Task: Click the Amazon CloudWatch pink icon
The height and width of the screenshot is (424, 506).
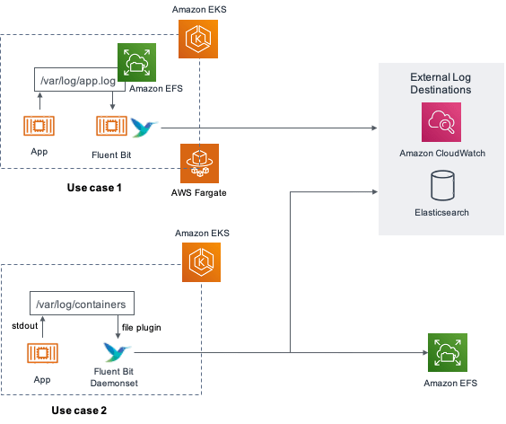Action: pyautogui.click(x=441, y=122)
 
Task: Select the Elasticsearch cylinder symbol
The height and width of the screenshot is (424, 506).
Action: pyautogui.click(x=443, y=185)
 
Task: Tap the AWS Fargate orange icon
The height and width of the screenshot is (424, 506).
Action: pyautogui.click(x=199, y=163)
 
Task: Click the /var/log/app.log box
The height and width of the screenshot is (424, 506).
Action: pyautogui.click(x=79, y=79)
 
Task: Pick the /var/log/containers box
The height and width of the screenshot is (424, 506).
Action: pyautogui.click(x=82, y=303)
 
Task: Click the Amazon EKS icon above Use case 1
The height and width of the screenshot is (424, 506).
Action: pyautogui.click(x=198, y=40)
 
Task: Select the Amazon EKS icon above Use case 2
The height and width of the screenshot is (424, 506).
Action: pyautogui.click(x=201, y=262)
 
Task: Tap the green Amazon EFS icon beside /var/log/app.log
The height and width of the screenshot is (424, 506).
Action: pyautogui.click(x=137, y=62)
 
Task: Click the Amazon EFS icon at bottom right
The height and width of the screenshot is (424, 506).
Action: pyautogui.click(x=448, y=352)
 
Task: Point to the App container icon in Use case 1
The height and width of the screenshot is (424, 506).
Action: pyautogui.click(x=39, y=126)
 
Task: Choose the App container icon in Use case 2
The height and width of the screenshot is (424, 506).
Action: pyautogui.click(x=42, y=353)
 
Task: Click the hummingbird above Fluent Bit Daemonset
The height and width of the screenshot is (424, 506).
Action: pyautogui.click(x=117, y=351)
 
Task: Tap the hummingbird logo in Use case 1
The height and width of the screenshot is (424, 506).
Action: pyautogui.click(x=144, y=128)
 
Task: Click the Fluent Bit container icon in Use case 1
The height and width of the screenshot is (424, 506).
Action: pyautogui.click(x=111, y=126)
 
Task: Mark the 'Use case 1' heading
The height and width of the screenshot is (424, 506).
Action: pyautogui.click(x=94, y=188)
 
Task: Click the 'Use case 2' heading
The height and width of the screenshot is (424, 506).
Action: pyautogui.click(x=79, y=411)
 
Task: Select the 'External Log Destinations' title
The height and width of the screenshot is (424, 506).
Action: pyautogui.click(x=441, y=84)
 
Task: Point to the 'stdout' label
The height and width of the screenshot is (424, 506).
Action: pyautogui.click(x=25, y=326)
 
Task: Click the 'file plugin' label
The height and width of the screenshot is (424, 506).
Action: pyautogui.click(x=142, y=328)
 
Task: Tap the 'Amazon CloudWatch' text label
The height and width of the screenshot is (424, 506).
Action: pyautogui.click(x=442, y=154)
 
